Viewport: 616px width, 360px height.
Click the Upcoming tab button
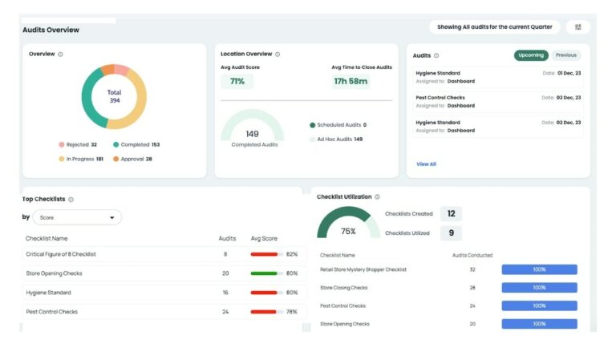pyautogui.click(x=531, y=55)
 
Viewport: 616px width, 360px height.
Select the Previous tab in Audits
pyautogui.click(x=565, y=55)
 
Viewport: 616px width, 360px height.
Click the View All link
pyautogui.click(x=426, y=164)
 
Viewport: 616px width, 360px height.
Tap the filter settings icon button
pyautogui.click(x=577, y=27)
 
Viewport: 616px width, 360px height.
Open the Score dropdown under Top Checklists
pyautogui.click(x=77, y=217)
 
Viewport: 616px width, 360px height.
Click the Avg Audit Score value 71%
pyautogui.click(x=237, y=82)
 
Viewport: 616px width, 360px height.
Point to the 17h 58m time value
pyautogui.click(x=351, y=82)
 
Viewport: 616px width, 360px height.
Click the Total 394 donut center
pyautogui.click(x=114, y=96)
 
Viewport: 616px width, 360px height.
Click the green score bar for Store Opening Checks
pyautogui.click(x=264, y=273)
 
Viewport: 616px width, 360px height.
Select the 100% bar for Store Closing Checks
pyautogui.click(x=539, y=288)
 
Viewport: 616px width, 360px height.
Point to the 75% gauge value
pyautogui.click(x=348, y=231)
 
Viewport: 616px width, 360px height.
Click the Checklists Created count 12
pyautogui.click(x=451, y=214)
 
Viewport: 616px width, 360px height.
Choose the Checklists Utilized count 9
pyautogui.click(x=451, y=233)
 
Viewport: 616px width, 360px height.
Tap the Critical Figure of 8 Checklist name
pyautogui.click(x=61, y=254)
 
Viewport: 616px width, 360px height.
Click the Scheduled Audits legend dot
pyautogui.click(x=312, y=125)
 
